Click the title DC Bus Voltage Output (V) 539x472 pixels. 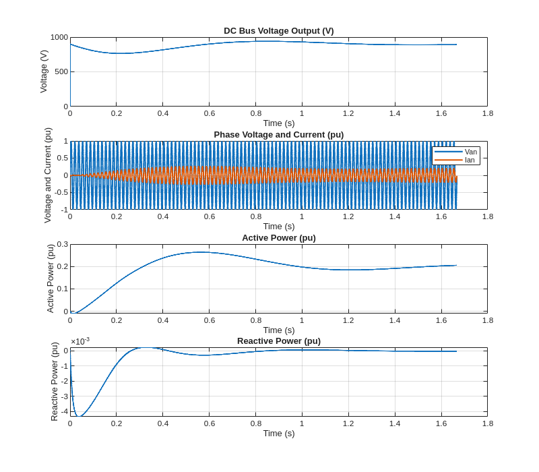(x=278, y=30)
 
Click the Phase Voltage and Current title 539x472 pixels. (x=278, y=134)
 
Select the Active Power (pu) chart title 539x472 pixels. (x=278, y=237)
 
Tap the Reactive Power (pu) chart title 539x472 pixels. (x=278, y=341)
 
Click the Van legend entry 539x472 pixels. (x=470, y=152)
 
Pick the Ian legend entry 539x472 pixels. (x=470, y=160)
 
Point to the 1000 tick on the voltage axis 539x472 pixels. (x=59, y=37)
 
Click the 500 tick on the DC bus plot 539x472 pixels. (x=61, y=71)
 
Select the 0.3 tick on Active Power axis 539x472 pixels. (x=62, y=244)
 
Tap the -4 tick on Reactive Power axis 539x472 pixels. (x=64, y=411)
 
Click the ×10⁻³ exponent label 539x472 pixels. (x=80, y=341)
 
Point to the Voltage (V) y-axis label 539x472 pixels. (x=44, y=71)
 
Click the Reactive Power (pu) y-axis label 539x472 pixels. (x=55, y=382)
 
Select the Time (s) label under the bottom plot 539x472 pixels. (x=278, y=433)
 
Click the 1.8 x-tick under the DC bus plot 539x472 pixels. (x=487, y=113)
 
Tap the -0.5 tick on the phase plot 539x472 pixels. (x=61, y=192)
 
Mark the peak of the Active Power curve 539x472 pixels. (x=200, y=252)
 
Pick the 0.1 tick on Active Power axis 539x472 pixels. (x=62, y=289)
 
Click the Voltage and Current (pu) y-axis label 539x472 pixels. (x=48, y=175)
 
